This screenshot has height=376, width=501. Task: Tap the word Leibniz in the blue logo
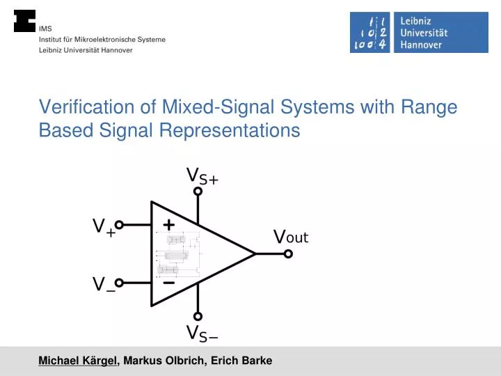click(x=416, y=20)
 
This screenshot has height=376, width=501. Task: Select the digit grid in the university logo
click(x=371, y=32)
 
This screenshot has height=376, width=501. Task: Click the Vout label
click(x=291, y=237)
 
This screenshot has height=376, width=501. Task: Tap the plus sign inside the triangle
click(x=168, y=224)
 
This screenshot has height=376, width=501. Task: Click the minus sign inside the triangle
click(x=168, y=283)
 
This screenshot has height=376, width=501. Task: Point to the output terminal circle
click(x=288, y=254)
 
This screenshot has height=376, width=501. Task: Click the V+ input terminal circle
click(x=119, y=225)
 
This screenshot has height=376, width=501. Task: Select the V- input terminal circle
click(x=119, y=283)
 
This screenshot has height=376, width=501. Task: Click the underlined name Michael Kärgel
click(x=79, y=360)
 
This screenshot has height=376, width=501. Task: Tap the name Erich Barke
click(x=241, y=360)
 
